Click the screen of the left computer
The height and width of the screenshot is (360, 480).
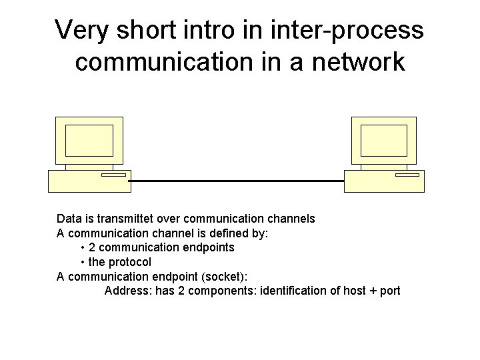[x=89, y=140]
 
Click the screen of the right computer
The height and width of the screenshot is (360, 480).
[x=383, y=140]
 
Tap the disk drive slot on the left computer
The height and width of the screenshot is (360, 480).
[x=113, y=175]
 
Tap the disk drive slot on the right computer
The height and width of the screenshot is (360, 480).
[x=407, y=175]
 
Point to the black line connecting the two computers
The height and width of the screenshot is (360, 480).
[x=237, y=181]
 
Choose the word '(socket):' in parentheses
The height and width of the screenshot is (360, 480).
[x=224, y=277]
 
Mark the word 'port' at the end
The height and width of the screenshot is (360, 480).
[x=390, y=291]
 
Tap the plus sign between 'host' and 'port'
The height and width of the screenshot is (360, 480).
[x=372, y=291]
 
